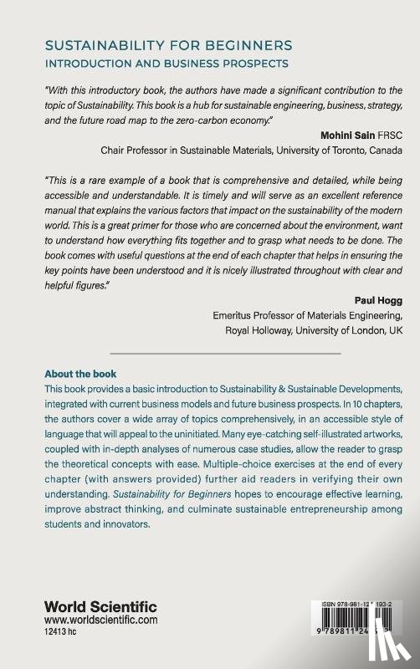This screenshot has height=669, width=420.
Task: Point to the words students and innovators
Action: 97,526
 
